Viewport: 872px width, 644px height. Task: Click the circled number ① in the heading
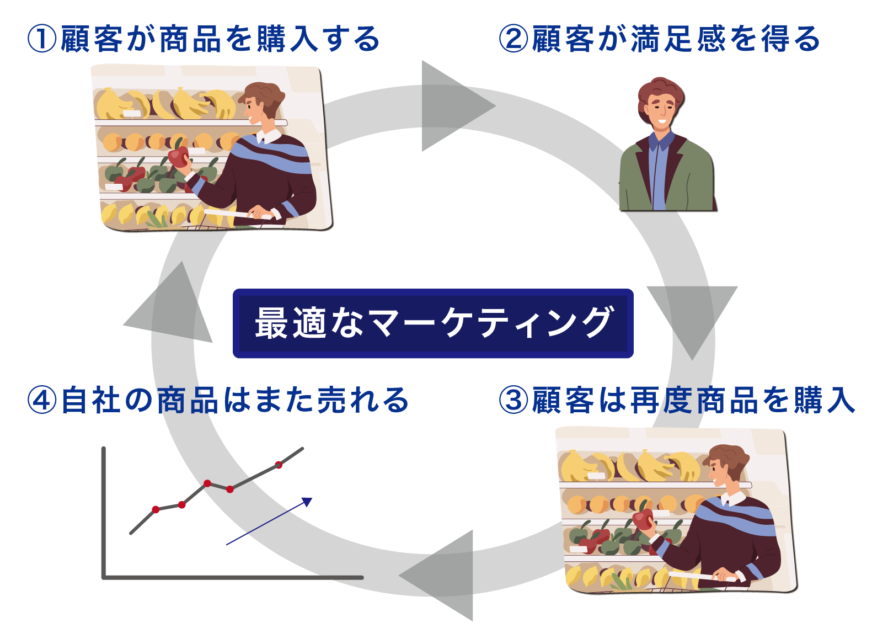[x=42, y=39]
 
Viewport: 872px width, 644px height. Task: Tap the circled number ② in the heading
[x=512, y=39]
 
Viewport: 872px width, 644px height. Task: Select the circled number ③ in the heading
[x=512, y=400]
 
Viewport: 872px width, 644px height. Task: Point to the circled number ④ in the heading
[x=42, y=400]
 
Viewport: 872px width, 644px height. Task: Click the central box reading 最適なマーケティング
[x=432, y=323]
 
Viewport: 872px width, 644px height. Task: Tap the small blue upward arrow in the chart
[x=269, y=521]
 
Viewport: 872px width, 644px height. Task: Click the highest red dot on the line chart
[x=279, y=465]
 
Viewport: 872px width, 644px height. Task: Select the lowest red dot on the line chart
[x=156, y=509]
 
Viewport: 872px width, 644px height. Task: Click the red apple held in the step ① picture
[x=179, y=156]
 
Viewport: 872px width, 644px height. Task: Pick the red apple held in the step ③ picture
[x=643, y=519]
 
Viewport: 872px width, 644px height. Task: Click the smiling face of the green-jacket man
[x=660, y=109]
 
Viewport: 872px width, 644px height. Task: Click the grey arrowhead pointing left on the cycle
[x=436, y=575]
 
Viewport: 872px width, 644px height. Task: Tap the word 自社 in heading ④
[x=91, y=400]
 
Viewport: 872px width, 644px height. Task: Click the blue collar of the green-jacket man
[x=662, y=141]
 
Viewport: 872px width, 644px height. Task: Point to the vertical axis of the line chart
[x=104, y=512]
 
